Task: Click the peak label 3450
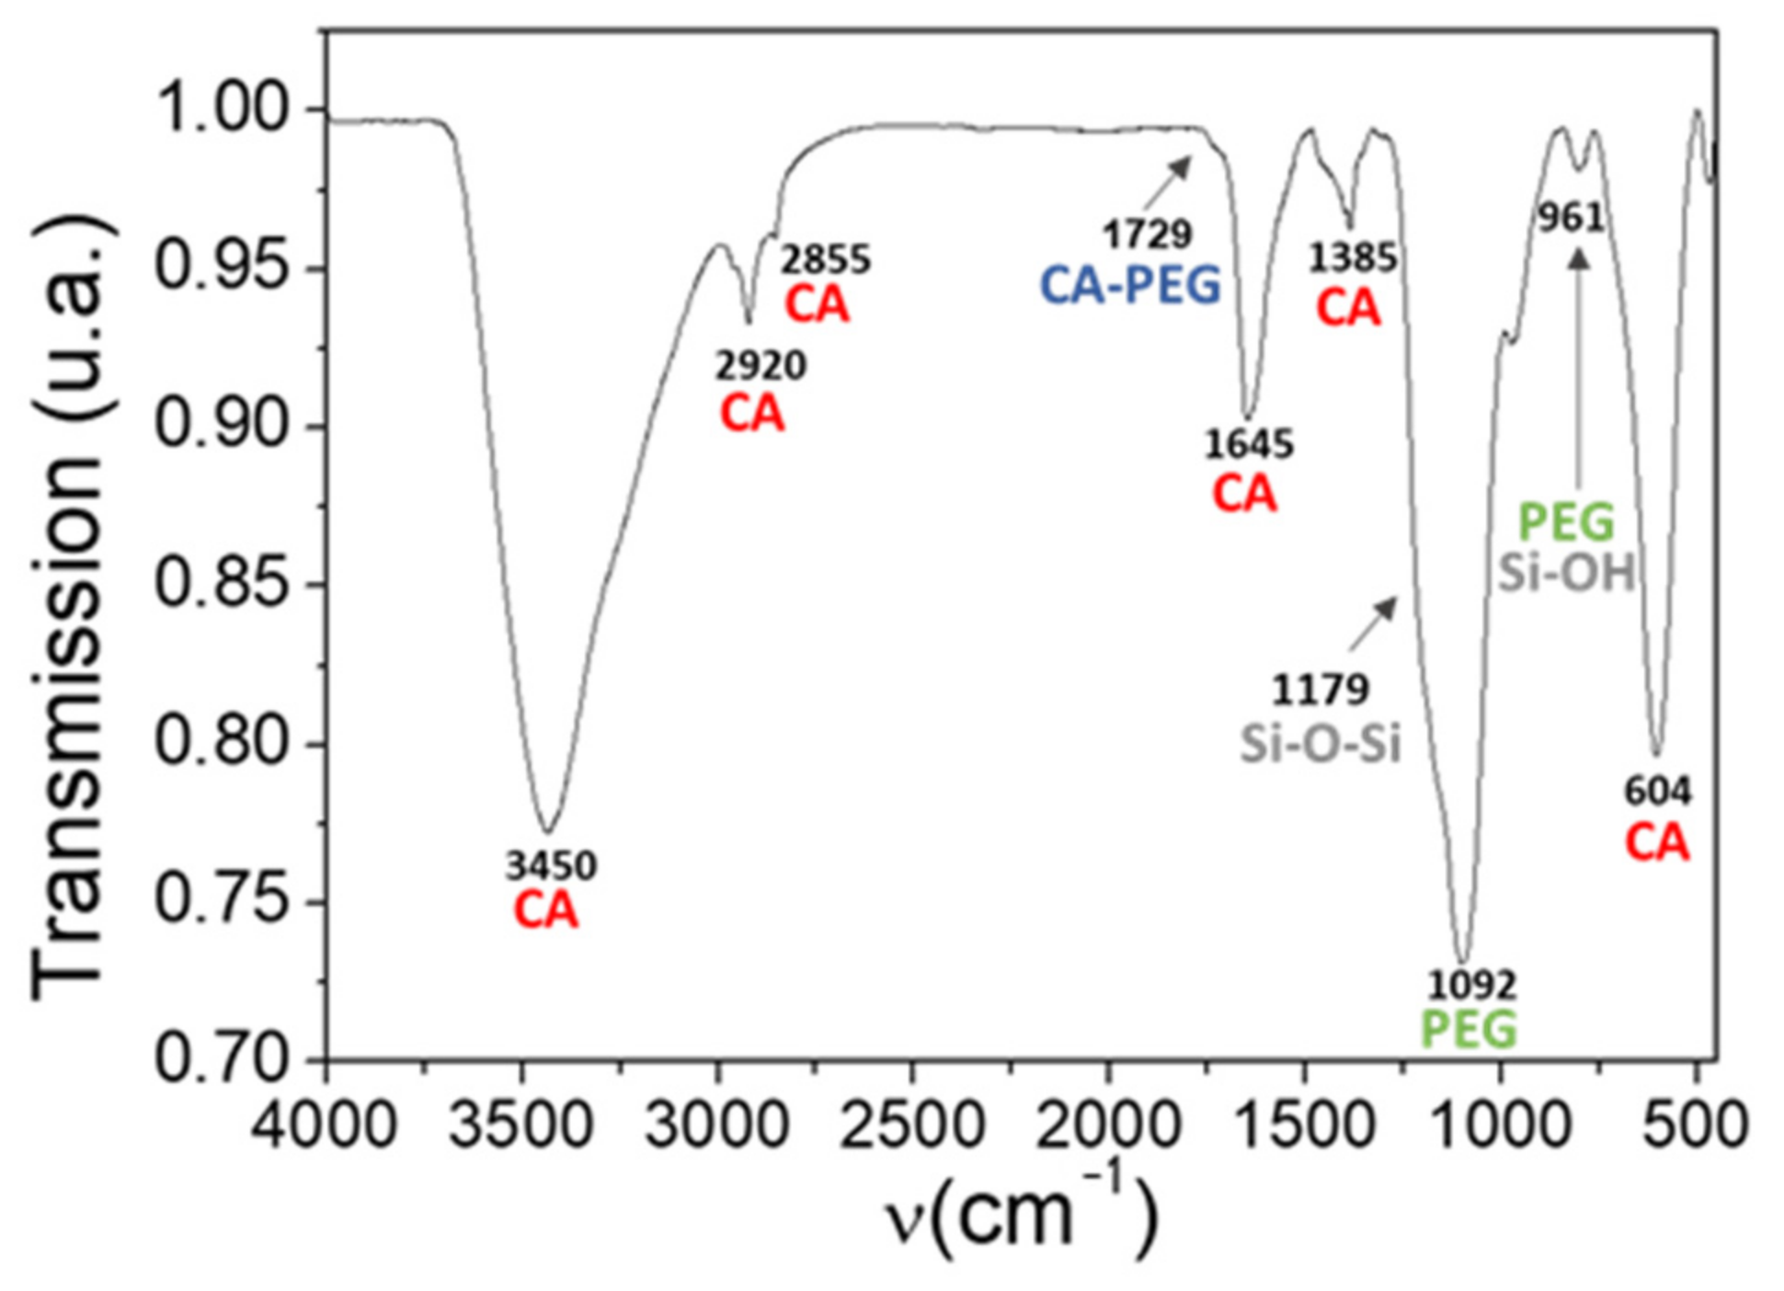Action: (x=551, y=865)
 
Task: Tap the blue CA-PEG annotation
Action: (x=1130, y=285)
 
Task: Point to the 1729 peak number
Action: (x=1147, y=235)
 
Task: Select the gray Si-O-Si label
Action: (x=1320, y=744)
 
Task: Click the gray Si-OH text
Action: (x=1566, y=574)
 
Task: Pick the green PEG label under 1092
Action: (x=1469, y=1029)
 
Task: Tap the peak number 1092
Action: (x=1471, y=986)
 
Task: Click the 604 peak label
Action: (x=1657, y=791)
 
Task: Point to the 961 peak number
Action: (x=1572, y=218)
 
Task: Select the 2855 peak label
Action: (x=826, y=261)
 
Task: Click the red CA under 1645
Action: (x=1244, y=495)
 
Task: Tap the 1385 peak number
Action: (x=1352, y=258)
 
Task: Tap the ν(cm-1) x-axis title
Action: (x=1021, y=1214)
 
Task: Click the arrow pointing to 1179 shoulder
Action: (x=1373, y=623)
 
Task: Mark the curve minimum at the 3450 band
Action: (x=548, y=830)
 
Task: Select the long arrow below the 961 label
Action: (x=1579, y=368)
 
